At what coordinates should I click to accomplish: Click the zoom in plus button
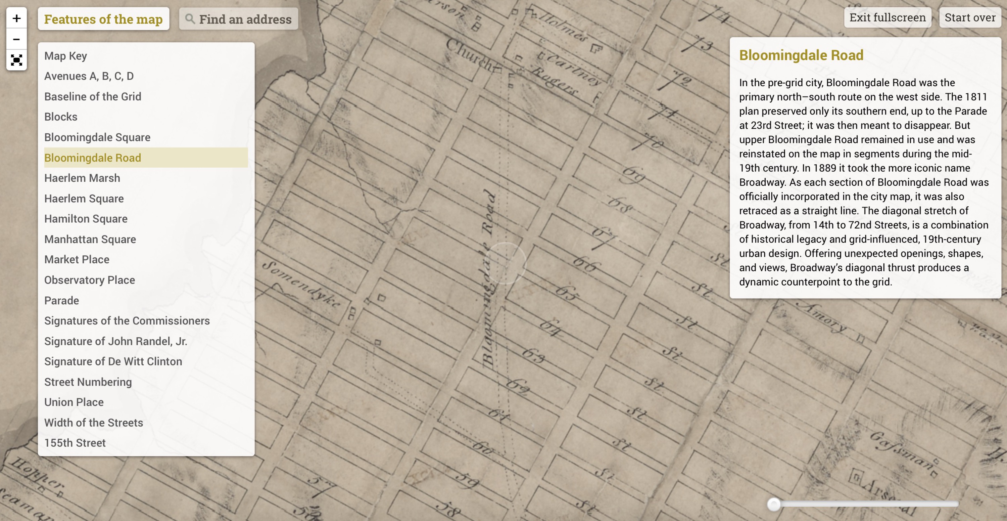[16, 18]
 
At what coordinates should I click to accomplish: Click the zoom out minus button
[16, 39]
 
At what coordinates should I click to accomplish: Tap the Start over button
[970, 17]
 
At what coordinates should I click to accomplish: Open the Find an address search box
[245, 19]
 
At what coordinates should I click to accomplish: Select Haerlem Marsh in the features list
[82, 178]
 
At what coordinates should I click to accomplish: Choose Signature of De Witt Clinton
[113, 361]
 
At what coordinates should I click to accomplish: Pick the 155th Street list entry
[75, 443]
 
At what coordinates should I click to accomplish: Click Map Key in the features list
[65, 56]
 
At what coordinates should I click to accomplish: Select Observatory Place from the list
[90, 280]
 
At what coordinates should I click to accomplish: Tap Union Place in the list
[74, 402]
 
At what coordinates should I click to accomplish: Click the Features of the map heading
[103, 19]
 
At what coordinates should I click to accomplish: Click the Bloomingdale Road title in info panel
[801, 55]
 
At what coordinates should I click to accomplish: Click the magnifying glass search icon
[190, 19]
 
